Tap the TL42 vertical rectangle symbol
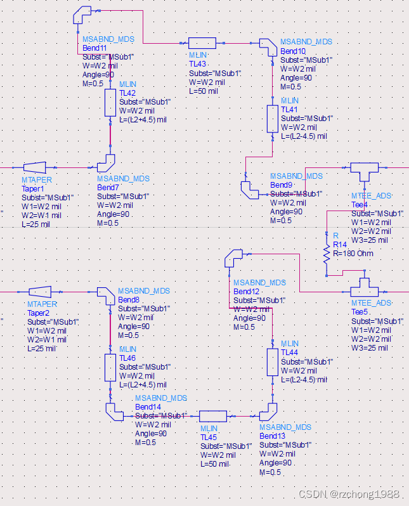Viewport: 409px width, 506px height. coord(110,103)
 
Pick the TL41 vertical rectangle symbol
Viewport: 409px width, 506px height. coord(273,118)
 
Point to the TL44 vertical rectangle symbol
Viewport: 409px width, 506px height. coord(273,361)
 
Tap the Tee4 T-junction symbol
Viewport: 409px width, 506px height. coord(363,171)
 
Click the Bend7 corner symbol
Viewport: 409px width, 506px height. coord(107,163)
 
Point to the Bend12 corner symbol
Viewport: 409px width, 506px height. coord(233,258)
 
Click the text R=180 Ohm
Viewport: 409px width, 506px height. coord(353,254)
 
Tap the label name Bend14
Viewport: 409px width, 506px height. coord(148,406)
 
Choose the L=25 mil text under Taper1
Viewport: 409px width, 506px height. coord(36,224)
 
